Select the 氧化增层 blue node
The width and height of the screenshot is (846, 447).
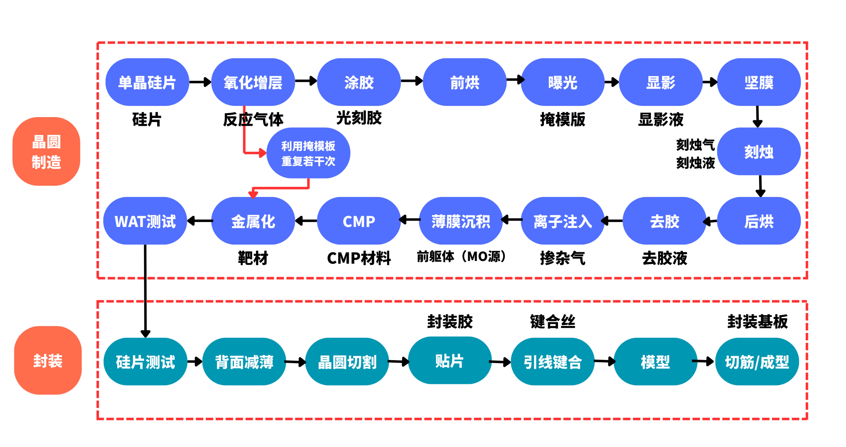253,82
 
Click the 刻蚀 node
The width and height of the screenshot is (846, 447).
759,152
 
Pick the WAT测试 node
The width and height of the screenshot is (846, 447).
145,221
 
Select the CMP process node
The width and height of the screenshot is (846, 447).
359,221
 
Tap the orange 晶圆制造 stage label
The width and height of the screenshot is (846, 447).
46,152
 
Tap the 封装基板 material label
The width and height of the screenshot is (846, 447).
757,321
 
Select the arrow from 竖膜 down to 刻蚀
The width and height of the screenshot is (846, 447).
757,116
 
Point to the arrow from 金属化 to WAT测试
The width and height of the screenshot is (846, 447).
200,221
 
